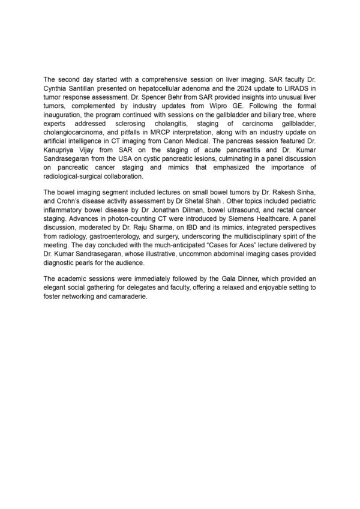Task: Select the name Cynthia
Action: point(58,88)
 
